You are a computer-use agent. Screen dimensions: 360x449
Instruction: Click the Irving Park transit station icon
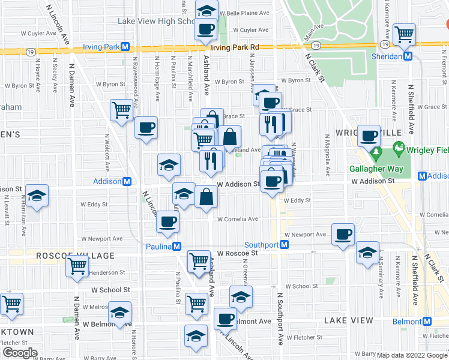point(125,47)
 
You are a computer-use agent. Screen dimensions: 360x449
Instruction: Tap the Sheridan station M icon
point(408,56)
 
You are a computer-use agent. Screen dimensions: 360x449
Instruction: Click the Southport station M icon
point(285,245)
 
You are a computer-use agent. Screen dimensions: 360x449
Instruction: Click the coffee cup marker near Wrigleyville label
point(369,135)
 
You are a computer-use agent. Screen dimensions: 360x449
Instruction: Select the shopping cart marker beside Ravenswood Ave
point(121,110)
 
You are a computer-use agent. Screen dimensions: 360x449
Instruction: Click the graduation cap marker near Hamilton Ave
point(37,196)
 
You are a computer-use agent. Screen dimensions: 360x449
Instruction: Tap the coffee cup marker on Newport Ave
point(343,233)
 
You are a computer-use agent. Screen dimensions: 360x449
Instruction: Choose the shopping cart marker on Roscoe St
point(199,260)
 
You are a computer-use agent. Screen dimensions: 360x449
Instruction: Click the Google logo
point(20,353)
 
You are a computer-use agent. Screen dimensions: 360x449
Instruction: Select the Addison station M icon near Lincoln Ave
point(127,181)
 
